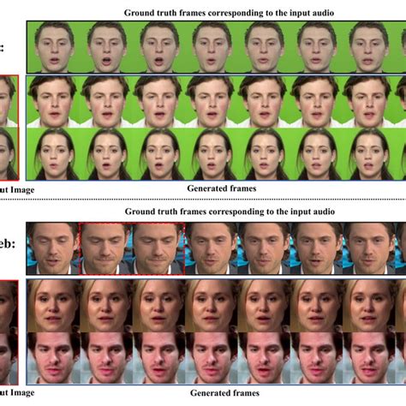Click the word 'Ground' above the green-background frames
click(140, 12)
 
